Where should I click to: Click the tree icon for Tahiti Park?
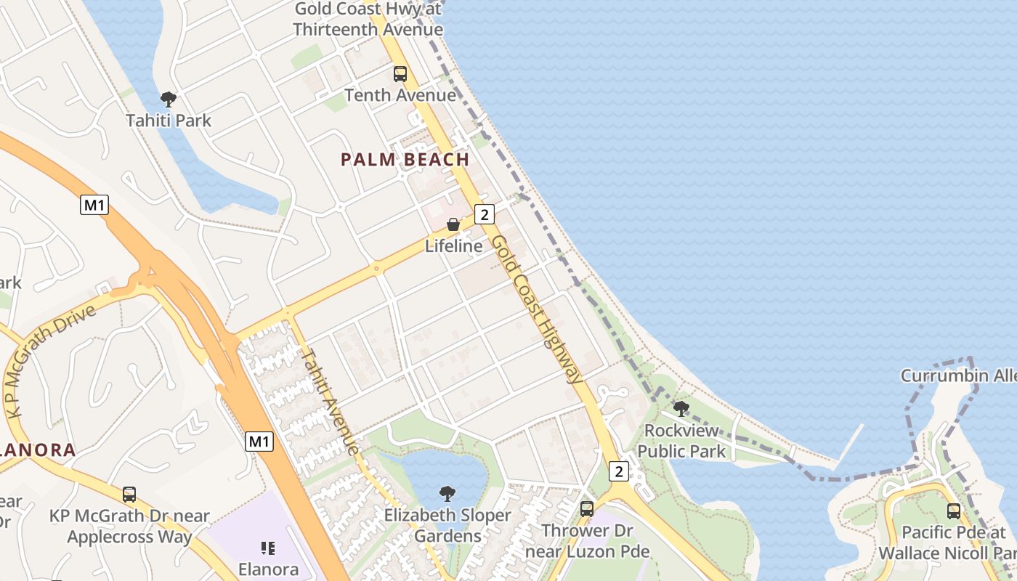click(x=169, y=99)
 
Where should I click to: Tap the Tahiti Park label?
click(x=169, y=120)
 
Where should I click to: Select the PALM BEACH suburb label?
click(x=405, y=160)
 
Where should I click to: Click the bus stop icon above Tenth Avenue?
click(x=400, y=74)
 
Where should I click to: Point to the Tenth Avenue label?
click(x=400, y=95)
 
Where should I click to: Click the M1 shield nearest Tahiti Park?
click(x=94, y=206)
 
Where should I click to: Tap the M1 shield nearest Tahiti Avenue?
click(x=259, y=441)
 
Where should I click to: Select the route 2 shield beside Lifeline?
click(x=485, y=214)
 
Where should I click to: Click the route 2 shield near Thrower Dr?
click(x=618, y=471)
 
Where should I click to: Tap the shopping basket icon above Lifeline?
click(x=453, y=225)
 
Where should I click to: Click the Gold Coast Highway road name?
click(x=538, y=309)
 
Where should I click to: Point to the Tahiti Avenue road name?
click(x=331, y=402)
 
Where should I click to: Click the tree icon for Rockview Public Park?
click(x=681, y=409)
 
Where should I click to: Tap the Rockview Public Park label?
click(x=681, y=441)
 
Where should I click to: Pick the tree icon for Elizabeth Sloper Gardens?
click(x=447, y=495)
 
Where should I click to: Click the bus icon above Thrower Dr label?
click(x=586, y=509)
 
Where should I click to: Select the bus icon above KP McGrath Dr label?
click(x=129, y=495)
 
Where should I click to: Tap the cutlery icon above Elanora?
click(x=267, y=548)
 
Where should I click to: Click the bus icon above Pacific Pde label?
click(x=953, y=511)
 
